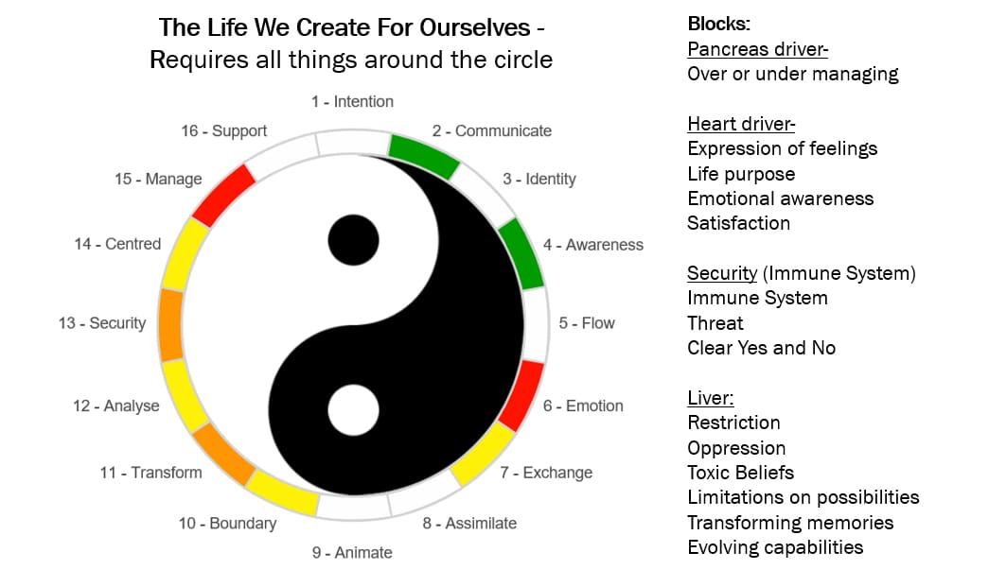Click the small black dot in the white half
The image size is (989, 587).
(x=353, y=240)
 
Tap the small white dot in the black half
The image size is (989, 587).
(x=353, y=410)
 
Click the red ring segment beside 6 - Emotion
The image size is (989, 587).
(x=521, y=395)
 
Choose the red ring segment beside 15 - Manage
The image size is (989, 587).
(x=224, y=196)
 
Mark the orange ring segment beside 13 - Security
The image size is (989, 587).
(x=171, y=325)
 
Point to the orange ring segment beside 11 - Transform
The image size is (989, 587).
(x=223, y=455)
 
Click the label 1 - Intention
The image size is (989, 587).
(x=352, y=101)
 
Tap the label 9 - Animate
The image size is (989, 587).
(x=352, y=552)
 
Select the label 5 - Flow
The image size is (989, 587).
(x=587, y=323)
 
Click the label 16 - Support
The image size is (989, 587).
(x=224, y=131)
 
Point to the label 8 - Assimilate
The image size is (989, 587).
(x=469, y=524)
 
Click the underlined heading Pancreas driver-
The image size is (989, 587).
(x=757, y=49)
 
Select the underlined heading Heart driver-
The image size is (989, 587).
(x=741, y=124)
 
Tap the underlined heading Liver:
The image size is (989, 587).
(x=711, y=398)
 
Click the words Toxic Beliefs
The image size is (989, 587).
(x=740, y=473)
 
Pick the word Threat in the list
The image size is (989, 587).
(x=715, y=323)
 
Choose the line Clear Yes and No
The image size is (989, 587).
(x=761, y=348)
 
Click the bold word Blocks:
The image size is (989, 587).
(x=719, y=24)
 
